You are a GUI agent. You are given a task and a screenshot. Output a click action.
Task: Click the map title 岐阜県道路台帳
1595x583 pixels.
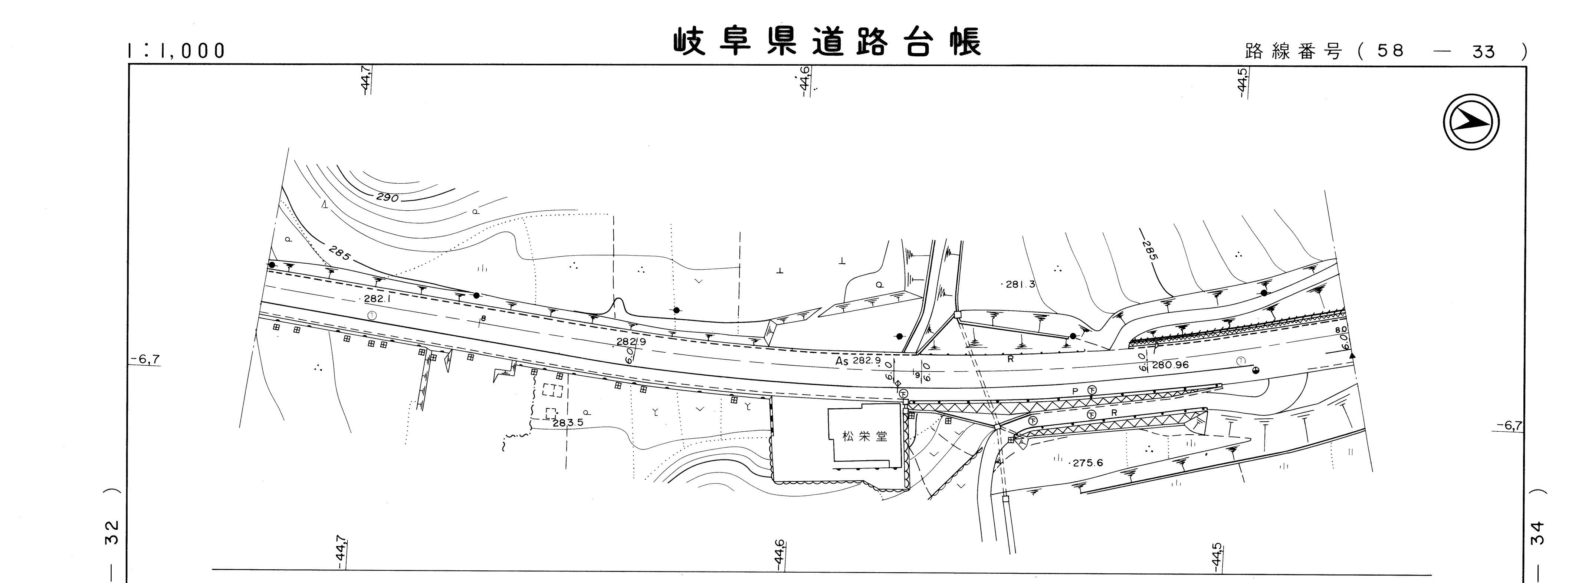tap(827, 42)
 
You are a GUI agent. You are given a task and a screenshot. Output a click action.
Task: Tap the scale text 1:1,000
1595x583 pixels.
tap(177, 51)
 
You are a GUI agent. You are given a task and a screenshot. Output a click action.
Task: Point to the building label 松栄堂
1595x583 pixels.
tap(864, 436)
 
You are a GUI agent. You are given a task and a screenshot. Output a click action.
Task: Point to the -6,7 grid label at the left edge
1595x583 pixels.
tap(146, 359)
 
